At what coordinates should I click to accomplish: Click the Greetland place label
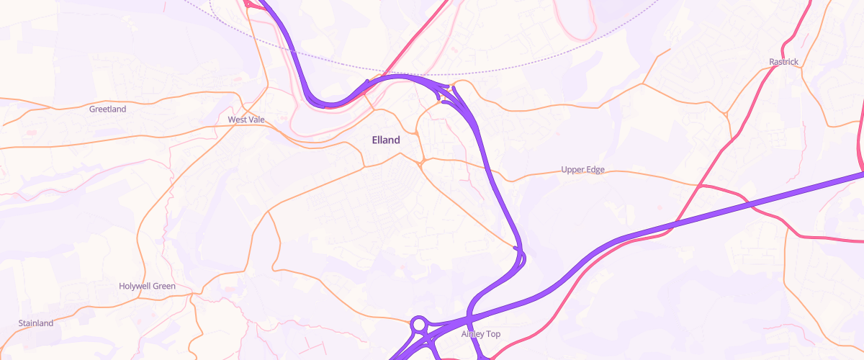(x=107, y=109)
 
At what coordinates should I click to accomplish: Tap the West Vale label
(x=246, y=120)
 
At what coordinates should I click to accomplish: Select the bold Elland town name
(x=385, y=140)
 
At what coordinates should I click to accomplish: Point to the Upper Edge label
(x=582, y=171)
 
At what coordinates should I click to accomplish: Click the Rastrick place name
(x=783, y=62)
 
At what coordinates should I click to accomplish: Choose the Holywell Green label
(x=147, y=287)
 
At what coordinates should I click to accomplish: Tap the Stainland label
(x=36, y=324)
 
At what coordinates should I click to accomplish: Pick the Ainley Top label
(x=480, y=335)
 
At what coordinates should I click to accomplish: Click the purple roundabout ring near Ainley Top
(x=418, y=325)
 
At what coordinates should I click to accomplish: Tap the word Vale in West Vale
(x=256, y=120)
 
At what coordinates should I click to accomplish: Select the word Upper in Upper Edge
(x=573, y=171)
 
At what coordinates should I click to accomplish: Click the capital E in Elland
(x=374, y=140)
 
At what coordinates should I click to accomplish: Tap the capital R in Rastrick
(x=770, y=62)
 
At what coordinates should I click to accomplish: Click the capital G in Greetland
(x=92, y=109)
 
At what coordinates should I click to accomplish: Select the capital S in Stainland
(x=21, y=324)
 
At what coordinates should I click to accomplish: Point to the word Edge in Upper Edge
(x=595, y=171)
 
